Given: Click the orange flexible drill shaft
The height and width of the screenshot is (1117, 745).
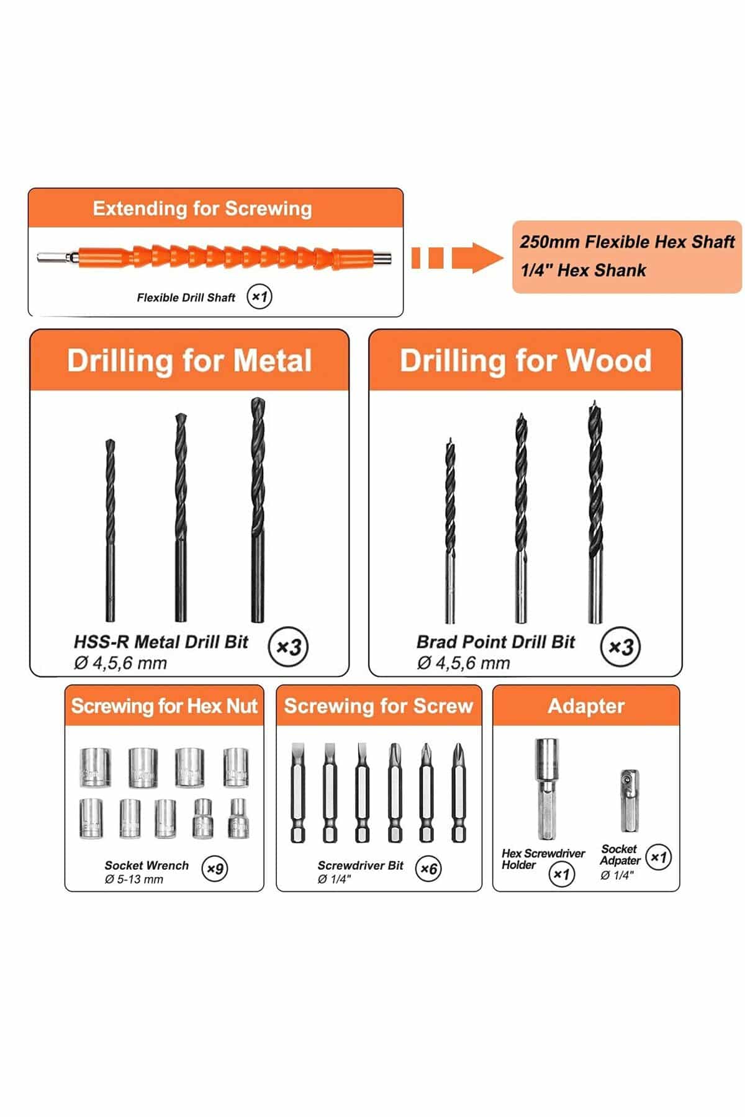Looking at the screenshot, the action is [214, 256].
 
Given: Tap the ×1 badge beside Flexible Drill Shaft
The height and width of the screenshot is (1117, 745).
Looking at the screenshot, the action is [260, 297].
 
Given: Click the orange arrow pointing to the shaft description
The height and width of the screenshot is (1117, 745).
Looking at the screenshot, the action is [458, 258].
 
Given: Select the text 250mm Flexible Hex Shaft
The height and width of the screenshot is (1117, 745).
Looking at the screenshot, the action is [627, 242].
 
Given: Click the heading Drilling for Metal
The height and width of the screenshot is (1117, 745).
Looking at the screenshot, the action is [189, 361].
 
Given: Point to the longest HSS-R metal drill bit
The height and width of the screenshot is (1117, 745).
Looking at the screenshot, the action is [258, 509].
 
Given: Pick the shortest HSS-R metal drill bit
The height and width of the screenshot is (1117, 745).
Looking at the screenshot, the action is [110, 531].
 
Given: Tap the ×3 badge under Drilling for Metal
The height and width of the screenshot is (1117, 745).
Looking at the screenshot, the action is [289, 647].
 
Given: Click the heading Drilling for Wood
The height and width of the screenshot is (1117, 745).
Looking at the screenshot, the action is [525, 361].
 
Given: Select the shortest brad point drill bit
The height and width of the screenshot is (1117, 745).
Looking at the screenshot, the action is [449, 531].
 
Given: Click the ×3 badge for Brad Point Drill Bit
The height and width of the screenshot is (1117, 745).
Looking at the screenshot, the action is [621, 647].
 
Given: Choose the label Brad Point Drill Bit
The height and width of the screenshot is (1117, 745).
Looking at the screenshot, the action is [495, 642].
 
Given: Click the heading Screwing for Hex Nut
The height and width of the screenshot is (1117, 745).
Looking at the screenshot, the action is [164, 706].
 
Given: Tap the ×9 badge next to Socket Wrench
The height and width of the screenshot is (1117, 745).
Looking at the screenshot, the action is [215, 868].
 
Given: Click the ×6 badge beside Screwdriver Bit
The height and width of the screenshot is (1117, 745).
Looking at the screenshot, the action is [429, 868].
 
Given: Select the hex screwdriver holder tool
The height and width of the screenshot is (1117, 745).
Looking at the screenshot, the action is [547, 788].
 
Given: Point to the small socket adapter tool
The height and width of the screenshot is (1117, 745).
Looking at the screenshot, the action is [630, 801].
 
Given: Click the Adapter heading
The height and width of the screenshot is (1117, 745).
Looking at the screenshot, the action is [586, 706].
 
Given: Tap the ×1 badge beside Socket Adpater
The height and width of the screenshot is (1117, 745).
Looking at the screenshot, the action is [658, 858].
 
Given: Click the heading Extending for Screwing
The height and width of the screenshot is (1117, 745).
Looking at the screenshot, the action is [202, 209].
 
